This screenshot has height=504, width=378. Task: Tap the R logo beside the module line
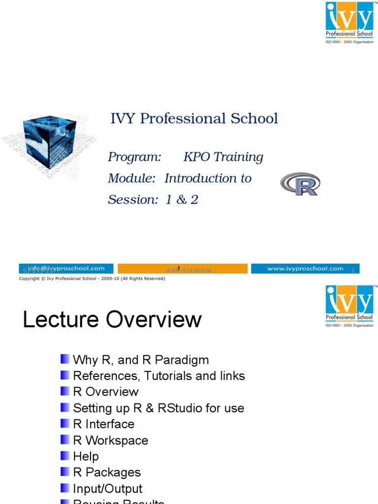pyautogui.click(x=300, y=184)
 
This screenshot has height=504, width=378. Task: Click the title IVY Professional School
pyautogui.click(x=194, y=119)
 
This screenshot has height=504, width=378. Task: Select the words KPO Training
pyautogui.click(x=223, y=157)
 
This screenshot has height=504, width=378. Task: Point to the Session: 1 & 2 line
pyautogui.click(x=153, y=199)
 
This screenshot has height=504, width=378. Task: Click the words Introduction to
pyautogui.click(x=208, y=178)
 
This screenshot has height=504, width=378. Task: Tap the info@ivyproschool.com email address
pyautogui.click(x=66, y=268)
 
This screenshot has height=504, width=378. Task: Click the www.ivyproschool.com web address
pyautogui.click(x=305, y=268)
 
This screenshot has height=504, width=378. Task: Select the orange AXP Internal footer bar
pyautogui.click(x=183, y=269)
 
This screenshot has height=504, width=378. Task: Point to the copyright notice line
pyautogui.click(x=92, y=279)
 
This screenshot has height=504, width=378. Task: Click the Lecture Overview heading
pyautogui.click(x=112, y=319)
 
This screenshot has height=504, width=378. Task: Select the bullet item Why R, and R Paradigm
pyautogui.click(x=141, y=360)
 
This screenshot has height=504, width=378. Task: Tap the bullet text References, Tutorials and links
pyautogui.click(x=158, y=376)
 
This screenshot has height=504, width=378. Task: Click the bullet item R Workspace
pyautogui.click(x=110, y=441)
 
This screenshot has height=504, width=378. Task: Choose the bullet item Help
pyautogui.click(x=86, y=457)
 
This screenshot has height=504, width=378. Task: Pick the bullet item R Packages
pyautogui.click(x=106, y=472)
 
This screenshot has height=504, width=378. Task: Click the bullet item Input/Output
pyautogui.click(x=107, y=489)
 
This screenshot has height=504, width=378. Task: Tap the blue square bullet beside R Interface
pyautogui.click(x=65, y=423)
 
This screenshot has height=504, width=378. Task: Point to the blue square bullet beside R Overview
pyautogui.click(x=65, y=391)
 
